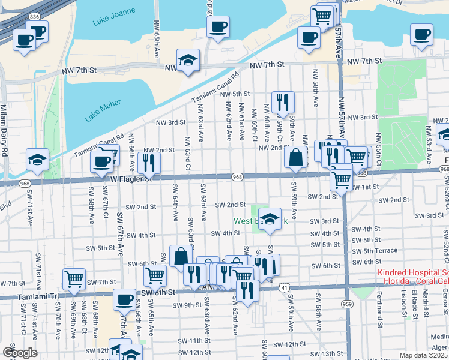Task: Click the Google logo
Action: tap(20, 352)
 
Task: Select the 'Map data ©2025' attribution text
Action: tap(424, 355)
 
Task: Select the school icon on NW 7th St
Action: tap(188, 61)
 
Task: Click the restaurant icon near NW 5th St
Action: tap(282, 102)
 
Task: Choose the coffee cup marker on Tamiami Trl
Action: tap(124, 298)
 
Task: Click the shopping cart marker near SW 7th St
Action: tap(74, 278)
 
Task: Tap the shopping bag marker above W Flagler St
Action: tap(296, 158)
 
